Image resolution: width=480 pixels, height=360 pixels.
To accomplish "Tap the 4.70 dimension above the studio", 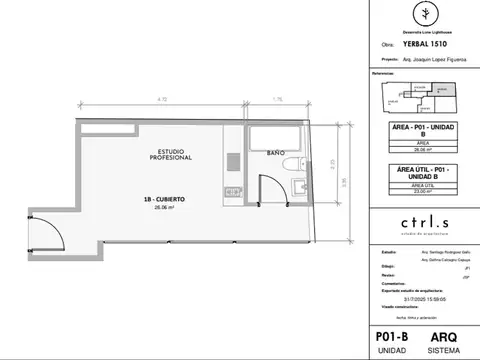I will coord(161,99).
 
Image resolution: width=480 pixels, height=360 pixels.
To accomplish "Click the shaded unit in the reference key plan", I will coord(444,90).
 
